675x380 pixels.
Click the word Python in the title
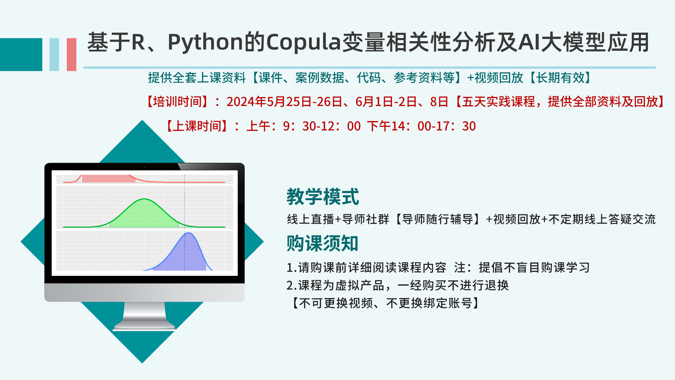(205, 43)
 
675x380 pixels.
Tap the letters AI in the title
(529, 43)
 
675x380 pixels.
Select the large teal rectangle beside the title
(21, 55)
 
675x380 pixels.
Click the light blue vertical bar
(54, 55)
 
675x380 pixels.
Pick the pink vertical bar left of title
(71, 55)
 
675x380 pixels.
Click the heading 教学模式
(323, 196)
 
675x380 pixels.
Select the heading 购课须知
(322, 243)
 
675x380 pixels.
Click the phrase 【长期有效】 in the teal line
(560, 78)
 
